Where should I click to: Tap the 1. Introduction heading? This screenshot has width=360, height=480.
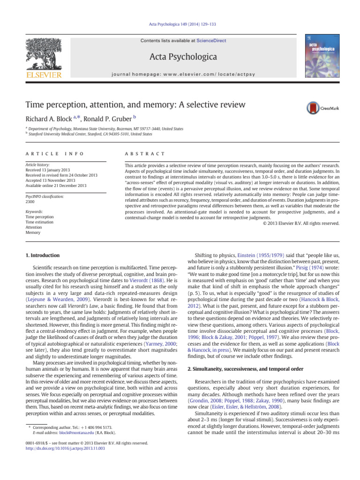pos(41,255)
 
